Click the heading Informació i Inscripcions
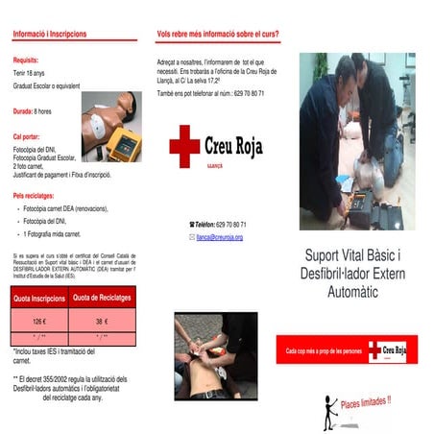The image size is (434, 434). [49, 34]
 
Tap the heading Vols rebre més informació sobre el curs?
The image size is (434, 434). [217, 34]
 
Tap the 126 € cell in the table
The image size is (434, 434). [39, 322]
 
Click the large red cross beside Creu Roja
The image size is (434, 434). [184, 145]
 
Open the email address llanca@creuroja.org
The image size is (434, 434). [219, 236]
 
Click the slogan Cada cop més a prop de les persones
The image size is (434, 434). [325, 351]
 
